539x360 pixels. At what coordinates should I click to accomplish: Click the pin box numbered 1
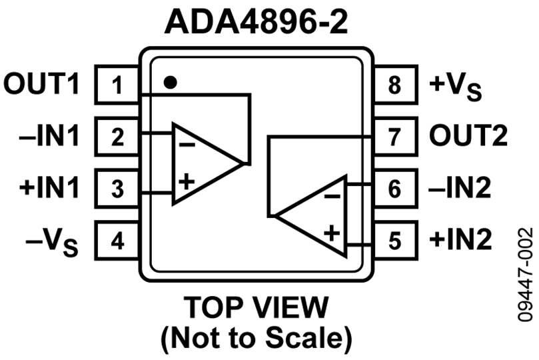coord(117,85)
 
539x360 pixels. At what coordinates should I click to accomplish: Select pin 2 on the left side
coord(117,137)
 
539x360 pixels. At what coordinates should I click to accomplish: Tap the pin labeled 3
coord(117,189)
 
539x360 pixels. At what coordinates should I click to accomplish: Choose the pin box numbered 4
coord(117,240)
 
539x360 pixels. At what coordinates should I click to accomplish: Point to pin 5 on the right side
coord(394,240)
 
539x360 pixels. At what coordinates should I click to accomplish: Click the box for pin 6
coord(394,189)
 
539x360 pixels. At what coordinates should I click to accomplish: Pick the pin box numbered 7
coord(394,137)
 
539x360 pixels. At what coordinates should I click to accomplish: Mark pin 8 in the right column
coord(394,85)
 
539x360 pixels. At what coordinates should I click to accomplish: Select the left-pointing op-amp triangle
coord(320,216)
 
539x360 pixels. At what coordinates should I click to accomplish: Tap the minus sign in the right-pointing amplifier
coord(187,145)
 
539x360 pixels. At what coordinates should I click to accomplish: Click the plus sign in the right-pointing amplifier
coord(187,181)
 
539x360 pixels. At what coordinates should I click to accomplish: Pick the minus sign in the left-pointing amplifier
coord(332,196)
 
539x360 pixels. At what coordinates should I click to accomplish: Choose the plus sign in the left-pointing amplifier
coord(332,233)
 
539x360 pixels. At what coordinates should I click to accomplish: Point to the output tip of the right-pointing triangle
coord(238,163)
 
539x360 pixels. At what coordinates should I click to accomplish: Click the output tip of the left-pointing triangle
coord(280,216)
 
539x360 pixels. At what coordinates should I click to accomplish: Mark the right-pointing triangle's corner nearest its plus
coord(176,199)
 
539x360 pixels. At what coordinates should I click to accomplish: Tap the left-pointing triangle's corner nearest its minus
coord(342,181)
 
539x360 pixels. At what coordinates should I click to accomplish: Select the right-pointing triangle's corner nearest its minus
coord(176,128)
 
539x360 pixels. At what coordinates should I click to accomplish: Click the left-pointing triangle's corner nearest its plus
coord(342,251)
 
